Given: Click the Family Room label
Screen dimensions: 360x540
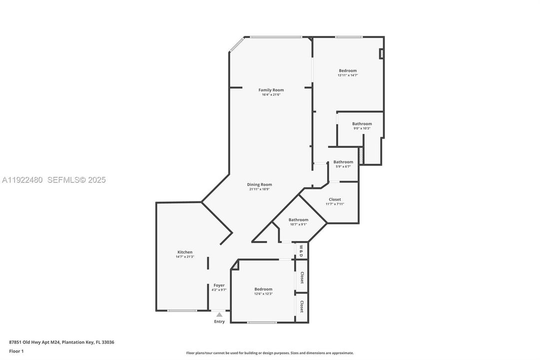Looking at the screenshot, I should coord(271,90).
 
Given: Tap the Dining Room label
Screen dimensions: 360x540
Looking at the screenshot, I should coord(260,184).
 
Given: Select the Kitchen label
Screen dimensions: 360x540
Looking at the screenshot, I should coord(185,252).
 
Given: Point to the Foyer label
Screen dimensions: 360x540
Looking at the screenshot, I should coord(219,285).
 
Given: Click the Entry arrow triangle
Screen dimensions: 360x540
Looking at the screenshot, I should coord(219,314).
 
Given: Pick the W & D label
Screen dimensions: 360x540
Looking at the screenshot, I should coord(301,250).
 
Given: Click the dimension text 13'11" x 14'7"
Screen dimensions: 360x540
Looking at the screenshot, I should coord(348,75).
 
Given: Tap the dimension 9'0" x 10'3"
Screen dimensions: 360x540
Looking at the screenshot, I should coord(362,128).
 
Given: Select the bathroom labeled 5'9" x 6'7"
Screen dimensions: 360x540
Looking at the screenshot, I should coord(343,162).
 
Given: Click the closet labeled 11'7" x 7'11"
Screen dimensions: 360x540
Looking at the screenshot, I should coord(335,199).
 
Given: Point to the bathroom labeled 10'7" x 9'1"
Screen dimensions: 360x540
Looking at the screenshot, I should coord(298,219).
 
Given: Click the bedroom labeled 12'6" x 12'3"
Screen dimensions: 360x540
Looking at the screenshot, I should coord(263,289).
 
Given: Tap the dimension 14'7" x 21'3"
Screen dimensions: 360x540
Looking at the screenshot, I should coord(185,257).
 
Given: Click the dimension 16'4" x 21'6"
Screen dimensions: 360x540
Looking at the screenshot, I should coord(271,94).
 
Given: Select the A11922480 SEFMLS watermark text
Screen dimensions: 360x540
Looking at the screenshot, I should coord(53,180).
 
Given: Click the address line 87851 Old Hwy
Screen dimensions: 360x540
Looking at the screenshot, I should coord(62,342).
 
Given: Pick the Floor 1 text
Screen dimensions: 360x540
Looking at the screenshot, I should coord(16,351).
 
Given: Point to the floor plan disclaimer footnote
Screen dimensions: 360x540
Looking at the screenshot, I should coord(270,353).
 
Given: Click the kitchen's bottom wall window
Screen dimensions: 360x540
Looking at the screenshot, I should coord(182,310).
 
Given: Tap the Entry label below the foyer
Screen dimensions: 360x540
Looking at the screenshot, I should coord(219,321).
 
